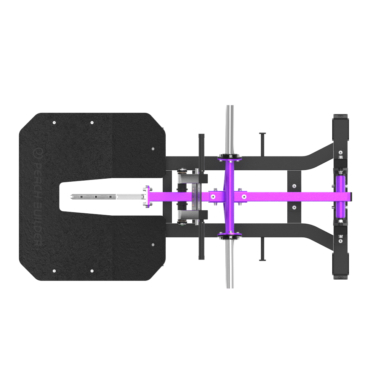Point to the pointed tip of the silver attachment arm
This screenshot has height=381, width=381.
(x=69, y=197)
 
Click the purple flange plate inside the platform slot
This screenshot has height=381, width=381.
(x=146, y=197)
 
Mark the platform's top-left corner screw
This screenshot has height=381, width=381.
(x=54, y=123)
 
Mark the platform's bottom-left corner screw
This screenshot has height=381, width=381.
(x=54, y=271)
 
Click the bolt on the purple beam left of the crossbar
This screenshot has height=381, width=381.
(x=213, y=197)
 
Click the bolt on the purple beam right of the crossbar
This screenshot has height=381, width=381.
(x=244, y=197)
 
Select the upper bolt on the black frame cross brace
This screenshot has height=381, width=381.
(x=294, y=187)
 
